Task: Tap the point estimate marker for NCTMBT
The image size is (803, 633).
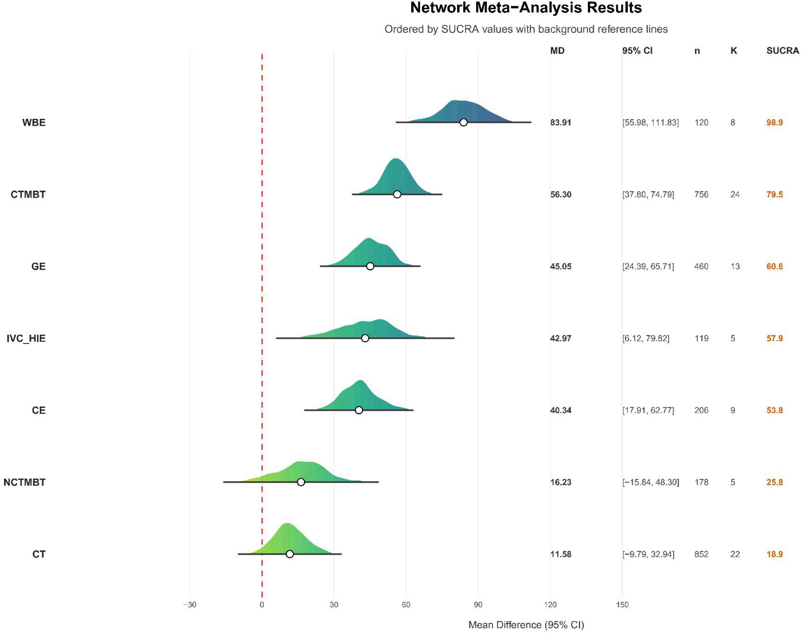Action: click(x=301, y=482)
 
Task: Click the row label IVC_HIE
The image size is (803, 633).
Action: click(x=26, y=338)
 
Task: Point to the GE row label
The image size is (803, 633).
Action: click(x=39, y=266)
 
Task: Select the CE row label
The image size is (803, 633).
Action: click(x=39, y=410)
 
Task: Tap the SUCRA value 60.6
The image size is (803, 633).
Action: click(x=775, y=266)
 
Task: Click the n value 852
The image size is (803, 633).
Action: click(x=701, y=554)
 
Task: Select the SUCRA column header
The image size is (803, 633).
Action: click(x=782, y=51)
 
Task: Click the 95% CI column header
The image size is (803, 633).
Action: click(x=637, y=51)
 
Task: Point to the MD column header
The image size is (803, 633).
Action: click(x=557, y=51)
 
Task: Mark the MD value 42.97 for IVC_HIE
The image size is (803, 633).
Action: click(x=560, y=338)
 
